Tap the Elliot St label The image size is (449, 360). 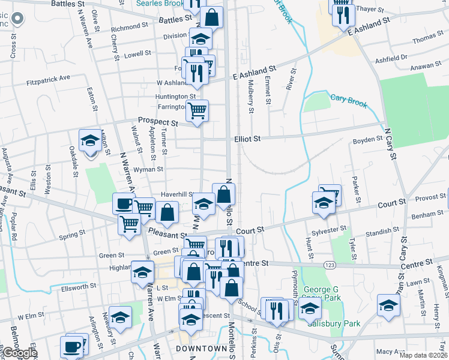pos(247,139)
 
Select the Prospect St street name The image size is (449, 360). pos(158,122)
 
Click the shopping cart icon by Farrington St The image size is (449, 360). pos(197,110)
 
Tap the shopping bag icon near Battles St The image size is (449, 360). pos(212,17)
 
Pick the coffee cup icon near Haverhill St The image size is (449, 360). pos(124,203)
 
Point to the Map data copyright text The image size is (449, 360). pos(423,355)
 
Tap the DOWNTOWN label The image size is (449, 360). pos(201,349)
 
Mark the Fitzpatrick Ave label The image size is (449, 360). pos(49,78)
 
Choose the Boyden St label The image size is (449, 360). pos(367,139)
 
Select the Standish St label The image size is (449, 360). pos(383,230)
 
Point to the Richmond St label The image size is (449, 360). pos(125,27)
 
